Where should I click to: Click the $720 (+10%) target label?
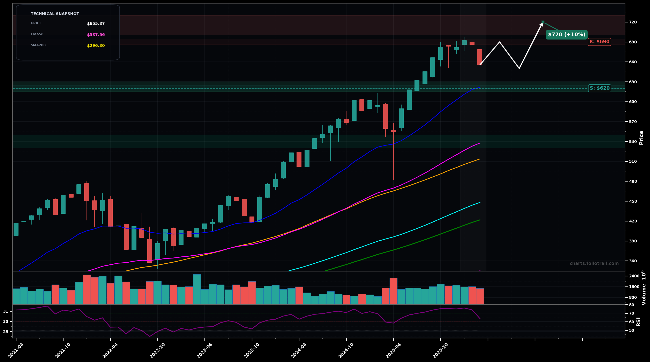coord(567,35)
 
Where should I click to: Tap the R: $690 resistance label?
coord(599,42)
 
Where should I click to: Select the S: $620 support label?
coord(599,88)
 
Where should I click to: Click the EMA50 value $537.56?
coord(96,35)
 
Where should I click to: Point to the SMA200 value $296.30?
coord(96,46)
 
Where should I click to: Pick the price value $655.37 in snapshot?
coord(96,23)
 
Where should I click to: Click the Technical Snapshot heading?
coord(55,14)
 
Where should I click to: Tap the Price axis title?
coord(641,138)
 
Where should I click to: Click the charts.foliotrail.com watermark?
coord(594,263)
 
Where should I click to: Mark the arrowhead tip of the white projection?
coord(543,23)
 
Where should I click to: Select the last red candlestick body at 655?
coord(480,57)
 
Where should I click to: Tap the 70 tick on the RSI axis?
coord(631,313)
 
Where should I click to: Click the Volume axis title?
coord(643,288)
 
